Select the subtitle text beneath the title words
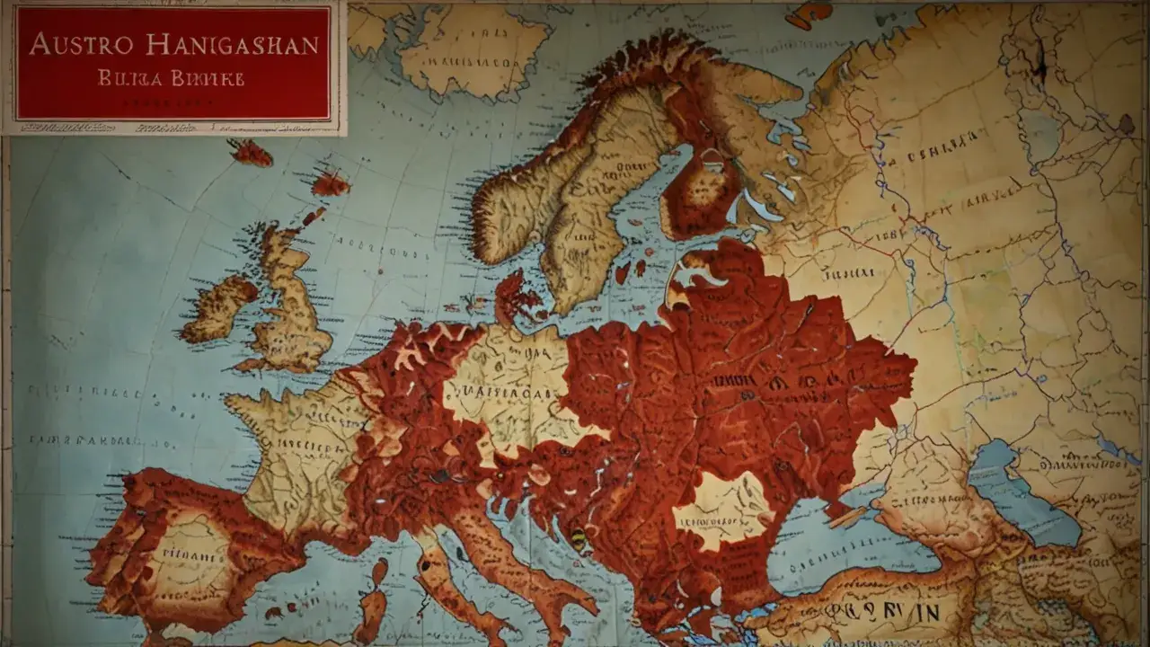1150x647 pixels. point(171,78)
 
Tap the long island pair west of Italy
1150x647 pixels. point(376,598)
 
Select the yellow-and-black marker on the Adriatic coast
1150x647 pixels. point(578,539)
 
